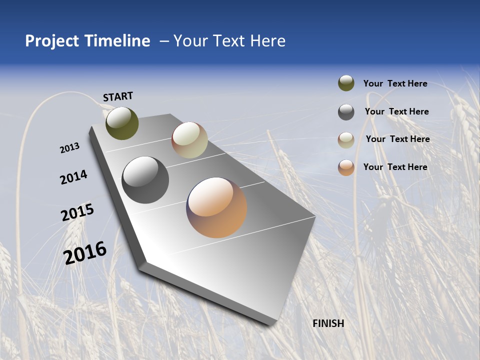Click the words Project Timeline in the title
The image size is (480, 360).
(x=87, y=41)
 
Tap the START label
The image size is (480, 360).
(x=118, y=96)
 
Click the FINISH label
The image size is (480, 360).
(x=328, y=323)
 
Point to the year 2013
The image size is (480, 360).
(x=69, y=148)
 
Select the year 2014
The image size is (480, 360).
(x=73, y=177)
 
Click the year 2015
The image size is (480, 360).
(x=77, y=212)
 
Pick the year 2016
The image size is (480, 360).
(x=85, y=252)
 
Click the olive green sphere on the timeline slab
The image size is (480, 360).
(x=122, y=123)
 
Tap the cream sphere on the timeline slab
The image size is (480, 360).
(x=189, y=140)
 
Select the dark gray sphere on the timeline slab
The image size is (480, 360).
(x=145, y=180)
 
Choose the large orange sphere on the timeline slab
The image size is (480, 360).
(x=216, y=207)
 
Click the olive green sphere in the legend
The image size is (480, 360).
(x=346, y=83)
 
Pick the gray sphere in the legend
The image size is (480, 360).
(x=346, y=112)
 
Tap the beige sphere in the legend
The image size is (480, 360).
(x=346, y=140)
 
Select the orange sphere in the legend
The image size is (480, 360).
(x=346, y=167)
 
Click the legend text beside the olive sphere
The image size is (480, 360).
(x=395, y=83)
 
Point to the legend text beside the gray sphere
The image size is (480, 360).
(x=396, y=111)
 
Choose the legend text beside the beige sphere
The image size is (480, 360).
(x=397, y=139)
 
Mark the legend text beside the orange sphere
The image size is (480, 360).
(x=395, y=167)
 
